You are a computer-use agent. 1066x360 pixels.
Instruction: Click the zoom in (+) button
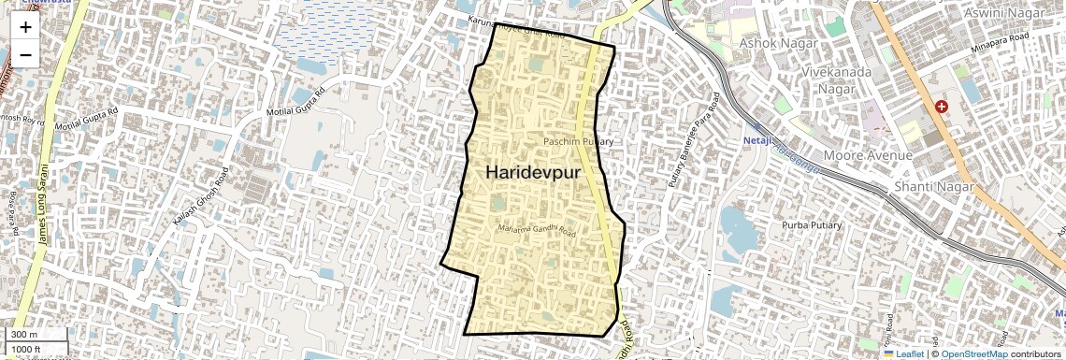(25, 26)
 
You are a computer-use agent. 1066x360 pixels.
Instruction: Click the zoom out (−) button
(25, 54)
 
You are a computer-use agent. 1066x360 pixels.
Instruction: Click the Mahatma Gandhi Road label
(538, 230)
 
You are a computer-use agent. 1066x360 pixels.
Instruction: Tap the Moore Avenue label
(867, 154)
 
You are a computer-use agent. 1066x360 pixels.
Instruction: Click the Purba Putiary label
(812, 225)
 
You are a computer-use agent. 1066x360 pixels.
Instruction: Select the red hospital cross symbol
(941, 108)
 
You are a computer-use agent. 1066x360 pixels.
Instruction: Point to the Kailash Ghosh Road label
(201, 201)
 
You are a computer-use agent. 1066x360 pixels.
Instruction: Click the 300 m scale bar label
(24, 335)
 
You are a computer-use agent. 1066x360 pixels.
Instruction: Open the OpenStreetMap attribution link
(974, 354)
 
